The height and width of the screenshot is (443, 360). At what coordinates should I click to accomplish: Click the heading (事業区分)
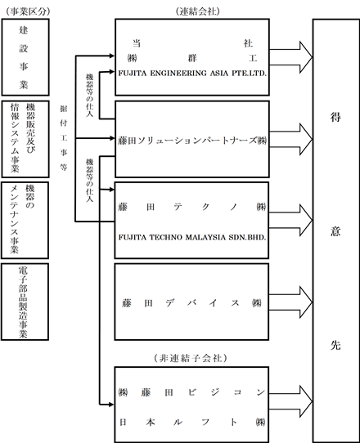(x=28, y=11)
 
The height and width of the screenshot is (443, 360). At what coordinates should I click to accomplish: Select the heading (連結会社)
(x=197, y=11)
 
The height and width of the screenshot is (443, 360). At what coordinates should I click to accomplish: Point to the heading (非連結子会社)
(x=191, y=358)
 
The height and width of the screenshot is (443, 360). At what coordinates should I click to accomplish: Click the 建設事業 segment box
(x=25, y=57)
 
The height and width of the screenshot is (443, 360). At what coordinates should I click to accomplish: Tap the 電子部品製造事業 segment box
(x=25, y=302)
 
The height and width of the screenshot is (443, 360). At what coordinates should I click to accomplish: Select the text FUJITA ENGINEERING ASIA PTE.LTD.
(x=192, y=74)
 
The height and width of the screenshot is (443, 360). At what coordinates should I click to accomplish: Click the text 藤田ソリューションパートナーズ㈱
(x=192, y=141)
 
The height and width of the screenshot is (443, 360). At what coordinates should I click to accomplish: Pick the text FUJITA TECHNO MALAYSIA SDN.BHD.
(x=192, y=237)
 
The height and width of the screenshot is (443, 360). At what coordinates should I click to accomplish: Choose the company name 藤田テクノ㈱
(x=192, y=207)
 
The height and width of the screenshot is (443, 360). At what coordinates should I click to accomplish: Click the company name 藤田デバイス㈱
(x=192, y=303)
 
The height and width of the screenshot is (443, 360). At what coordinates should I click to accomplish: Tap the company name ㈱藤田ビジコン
(x=191, y=392)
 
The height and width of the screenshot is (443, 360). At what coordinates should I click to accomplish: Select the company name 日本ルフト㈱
(x=191, y=422)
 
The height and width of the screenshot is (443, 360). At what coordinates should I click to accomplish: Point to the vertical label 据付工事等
(x=63, y=138)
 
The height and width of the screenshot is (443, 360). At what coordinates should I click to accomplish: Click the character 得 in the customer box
(x=335, y=117)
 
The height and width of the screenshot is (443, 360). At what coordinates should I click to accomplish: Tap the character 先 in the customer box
(x=335, y=345)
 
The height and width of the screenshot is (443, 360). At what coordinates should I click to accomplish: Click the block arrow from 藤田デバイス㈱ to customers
(x=290, y=302)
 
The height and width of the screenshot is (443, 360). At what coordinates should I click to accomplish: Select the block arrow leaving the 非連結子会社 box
(x=290, y=401)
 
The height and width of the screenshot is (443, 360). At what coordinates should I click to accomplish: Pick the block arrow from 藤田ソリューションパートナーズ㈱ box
(x=290, y=139)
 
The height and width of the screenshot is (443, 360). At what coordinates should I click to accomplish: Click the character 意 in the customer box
(x=335, y=230)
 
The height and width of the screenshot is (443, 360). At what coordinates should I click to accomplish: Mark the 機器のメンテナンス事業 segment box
(x=25, y=221)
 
